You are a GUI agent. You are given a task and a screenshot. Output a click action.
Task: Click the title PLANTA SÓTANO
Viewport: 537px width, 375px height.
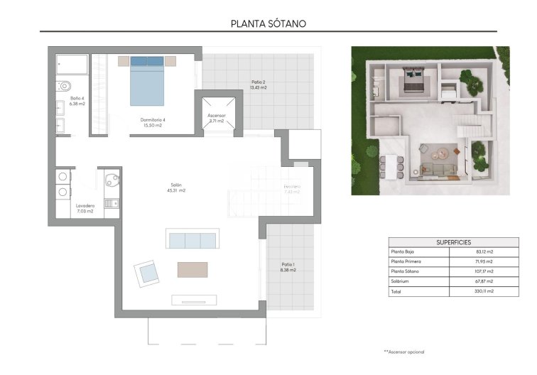268,23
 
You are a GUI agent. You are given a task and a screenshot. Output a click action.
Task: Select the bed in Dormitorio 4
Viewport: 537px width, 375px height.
147,81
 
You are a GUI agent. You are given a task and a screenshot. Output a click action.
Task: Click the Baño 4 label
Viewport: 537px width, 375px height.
77,101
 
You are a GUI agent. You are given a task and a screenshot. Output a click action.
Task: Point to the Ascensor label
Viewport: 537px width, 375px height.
216,118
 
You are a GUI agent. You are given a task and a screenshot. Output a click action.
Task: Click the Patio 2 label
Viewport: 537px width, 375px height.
259,85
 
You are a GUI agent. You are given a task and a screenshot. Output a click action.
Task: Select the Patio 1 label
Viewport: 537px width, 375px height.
288,267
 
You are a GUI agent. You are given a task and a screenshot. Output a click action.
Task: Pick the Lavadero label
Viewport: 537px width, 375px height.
85,208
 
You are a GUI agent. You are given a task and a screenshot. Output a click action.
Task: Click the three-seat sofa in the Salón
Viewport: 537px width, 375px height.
191,240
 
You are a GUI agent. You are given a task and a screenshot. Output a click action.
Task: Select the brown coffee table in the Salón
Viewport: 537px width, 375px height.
192,270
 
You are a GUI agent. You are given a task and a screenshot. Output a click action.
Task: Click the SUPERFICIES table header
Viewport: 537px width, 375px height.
453,242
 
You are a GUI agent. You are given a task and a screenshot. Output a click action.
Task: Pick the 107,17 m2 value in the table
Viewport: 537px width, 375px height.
484,271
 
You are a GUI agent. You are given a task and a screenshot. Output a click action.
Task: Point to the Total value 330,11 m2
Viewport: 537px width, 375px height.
484,291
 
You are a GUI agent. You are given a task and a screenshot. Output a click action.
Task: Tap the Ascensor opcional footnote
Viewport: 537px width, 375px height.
404,352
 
